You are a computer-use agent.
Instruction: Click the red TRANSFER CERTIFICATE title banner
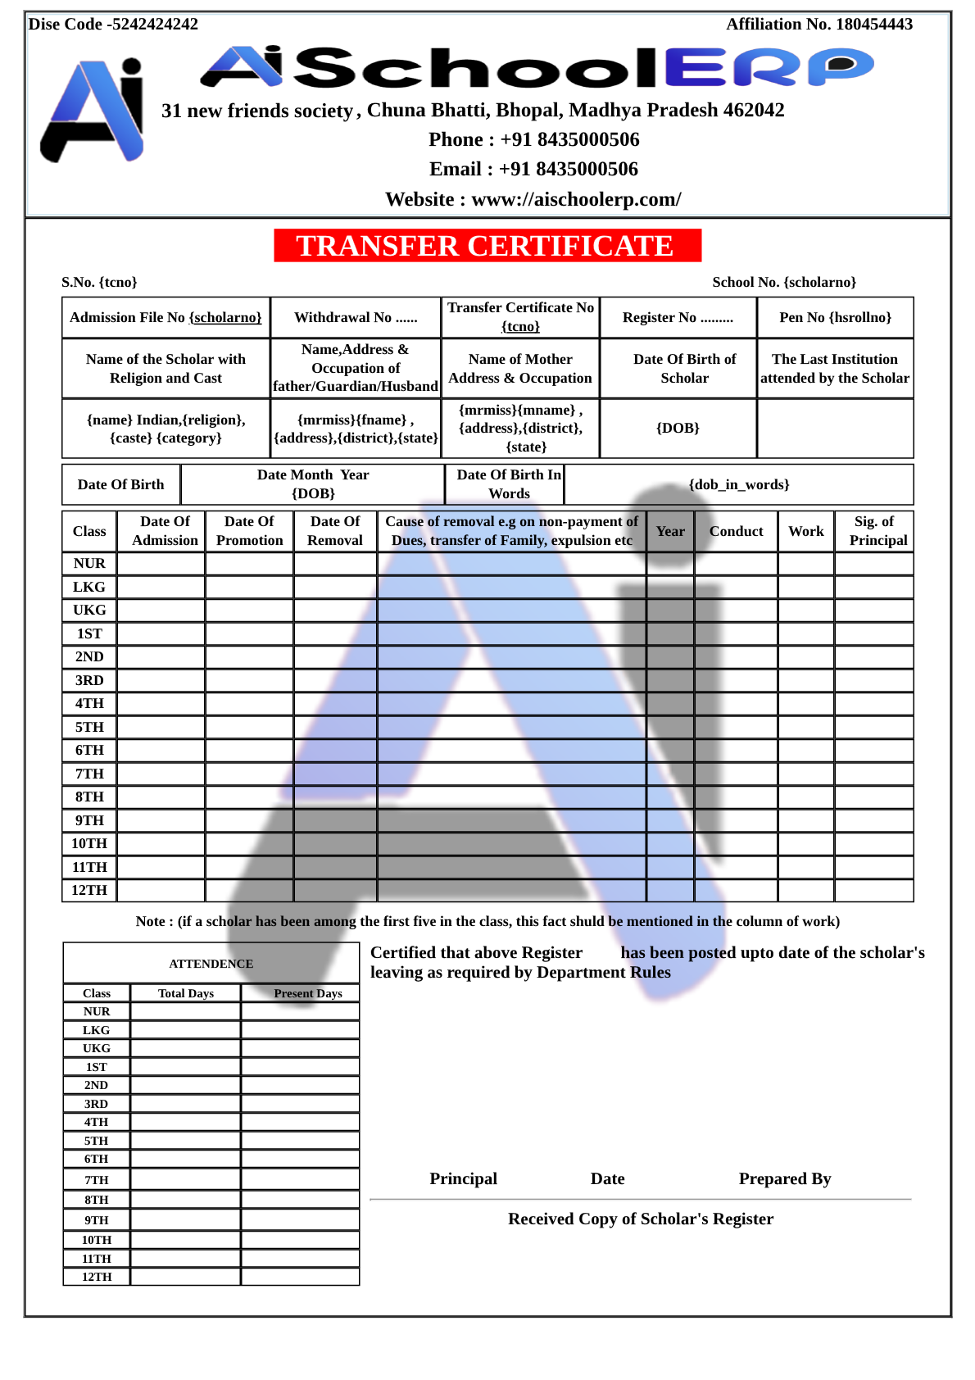tap(487, 246)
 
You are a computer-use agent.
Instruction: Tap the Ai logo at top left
tap(93, 111)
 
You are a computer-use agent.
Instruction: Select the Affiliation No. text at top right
tap(819, 25)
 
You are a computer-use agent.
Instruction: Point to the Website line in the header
tap(533, 199)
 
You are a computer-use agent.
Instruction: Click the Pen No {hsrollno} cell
tap(835, 317)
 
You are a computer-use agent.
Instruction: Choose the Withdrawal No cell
tap(356, 317)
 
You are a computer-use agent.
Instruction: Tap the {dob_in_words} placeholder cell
tap(738, 484)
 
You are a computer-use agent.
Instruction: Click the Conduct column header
tap(736, 531)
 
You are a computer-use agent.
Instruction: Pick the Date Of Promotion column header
tap(249, 531)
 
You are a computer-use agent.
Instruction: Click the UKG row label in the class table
tap(89, 610)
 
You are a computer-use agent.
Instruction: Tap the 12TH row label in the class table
tap(89, 890)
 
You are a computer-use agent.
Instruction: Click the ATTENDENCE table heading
tap(211, 964)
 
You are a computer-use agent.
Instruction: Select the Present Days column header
tap(308, 993)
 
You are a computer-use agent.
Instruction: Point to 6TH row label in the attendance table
tap(96, 1159)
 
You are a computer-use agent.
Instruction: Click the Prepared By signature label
tap(784, 1178)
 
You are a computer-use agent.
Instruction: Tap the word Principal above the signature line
tap(463, 1178)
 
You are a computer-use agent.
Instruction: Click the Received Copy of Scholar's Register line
tap(640, 1219)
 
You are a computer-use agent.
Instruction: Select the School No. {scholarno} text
tap(783, 282)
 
